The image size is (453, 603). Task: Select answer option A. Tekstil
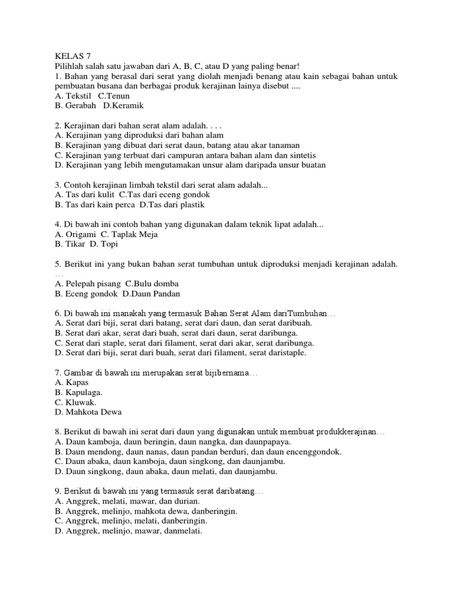pyautogui.click(x=74, y=96)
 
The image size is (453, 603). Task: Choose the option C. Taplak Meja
pyautogui.click(x=130, y=234)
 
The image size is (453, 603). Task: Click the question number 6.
pyautogui.click(x=57, y=313)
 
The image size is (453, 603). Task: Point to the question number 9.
pyautogui.click(x=57, y=491)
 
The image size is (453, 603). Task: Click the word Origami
pyautogui.click(x=81, y=234)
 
